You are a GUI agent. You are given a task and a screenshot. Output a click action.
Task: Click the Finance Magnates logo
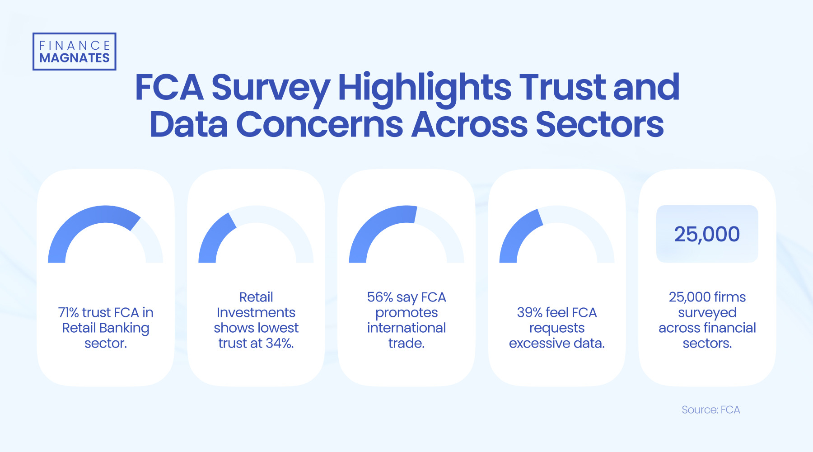point(75,52)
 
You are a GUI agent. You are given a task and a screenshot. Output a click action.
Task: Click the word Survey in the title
point(271,88)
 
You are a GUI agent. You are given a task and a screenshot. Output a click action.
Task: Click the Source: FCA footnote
point(710,410)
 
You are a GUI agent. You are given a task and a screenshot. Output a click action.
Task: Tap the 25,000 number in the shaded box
point(707,234)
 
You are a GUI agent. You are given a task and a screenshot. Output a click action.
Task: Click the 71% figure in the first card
point(68,313)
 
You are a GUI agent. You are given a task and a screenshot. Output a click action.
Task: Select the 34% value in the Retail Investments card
point(279,344)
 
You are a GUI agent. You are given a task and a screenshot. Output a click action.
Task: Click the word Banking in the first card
point(124,328)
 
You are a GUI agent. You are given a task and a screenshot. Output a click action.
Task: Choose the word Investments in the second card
point(256,313)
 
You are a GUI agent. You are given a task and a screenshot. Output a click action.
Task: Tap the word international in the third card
point(406,328)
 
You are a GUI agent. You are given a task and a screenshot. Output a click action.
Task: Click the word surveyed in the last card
point(707,313)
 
